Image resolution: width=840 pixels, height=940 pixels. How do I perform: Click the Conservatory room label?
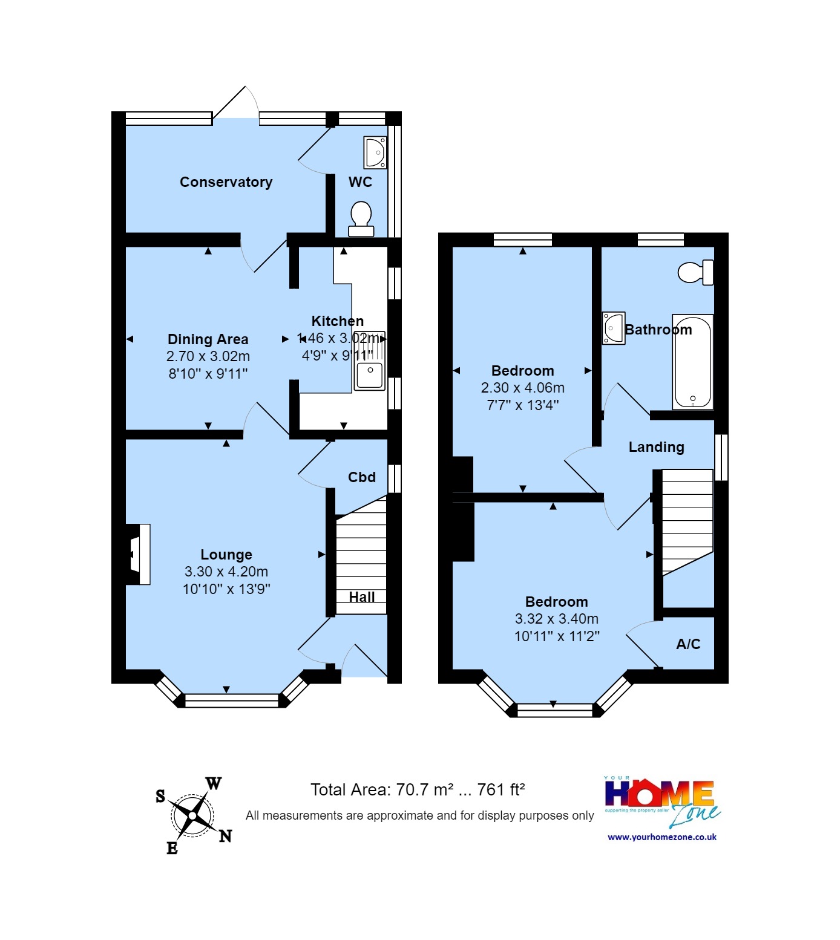click(x=226, y=182)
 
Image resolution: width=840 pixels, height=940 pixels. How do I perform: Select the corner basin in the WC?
click(x=375, y=152)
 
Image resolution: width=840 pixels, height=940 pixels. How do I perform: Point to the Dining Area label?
click(x=208, y=339)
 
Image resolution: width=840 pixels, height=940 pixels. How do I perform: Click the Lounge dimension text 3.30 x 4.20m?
click(x=226, y=572)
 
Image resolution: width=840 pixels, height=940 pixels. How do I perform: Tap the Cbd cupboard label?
click(x=362, y=477)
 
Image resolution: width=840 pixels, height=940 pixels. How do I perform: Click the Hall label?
click(x=362, y=597)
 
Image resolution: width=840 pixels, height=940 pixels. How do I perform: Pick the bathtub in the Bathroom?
click(x=693, y=362)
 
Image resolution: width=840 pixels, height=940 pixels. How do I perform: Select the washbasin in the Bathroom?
click(x=613, y=328)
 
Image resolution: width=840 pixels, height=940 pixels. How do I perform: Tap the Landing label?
click(x=656, y=447)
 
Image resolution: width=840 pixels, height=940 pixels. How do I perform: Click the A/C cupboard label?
click(x=688, y=644)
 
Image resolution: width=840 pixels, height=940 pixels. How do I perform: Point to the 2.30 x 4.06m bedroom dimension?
click(x=522, y=388)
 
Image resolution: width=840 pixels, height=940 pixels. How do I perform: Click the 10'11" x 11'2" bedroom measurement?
click(x=556, y=636)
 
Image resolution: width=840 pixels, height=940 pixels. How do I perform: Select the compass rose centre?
click(x=192, y=815)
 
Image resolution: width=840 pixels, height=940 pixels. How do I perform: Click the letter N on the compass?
click(x=225, y=836)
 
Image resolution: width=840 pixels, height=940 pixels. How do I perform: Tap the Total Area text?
click(x=417, y=790)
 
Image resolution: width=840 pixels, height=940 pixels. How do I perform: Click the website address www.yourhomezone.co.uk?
click(x=662, y=837)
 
